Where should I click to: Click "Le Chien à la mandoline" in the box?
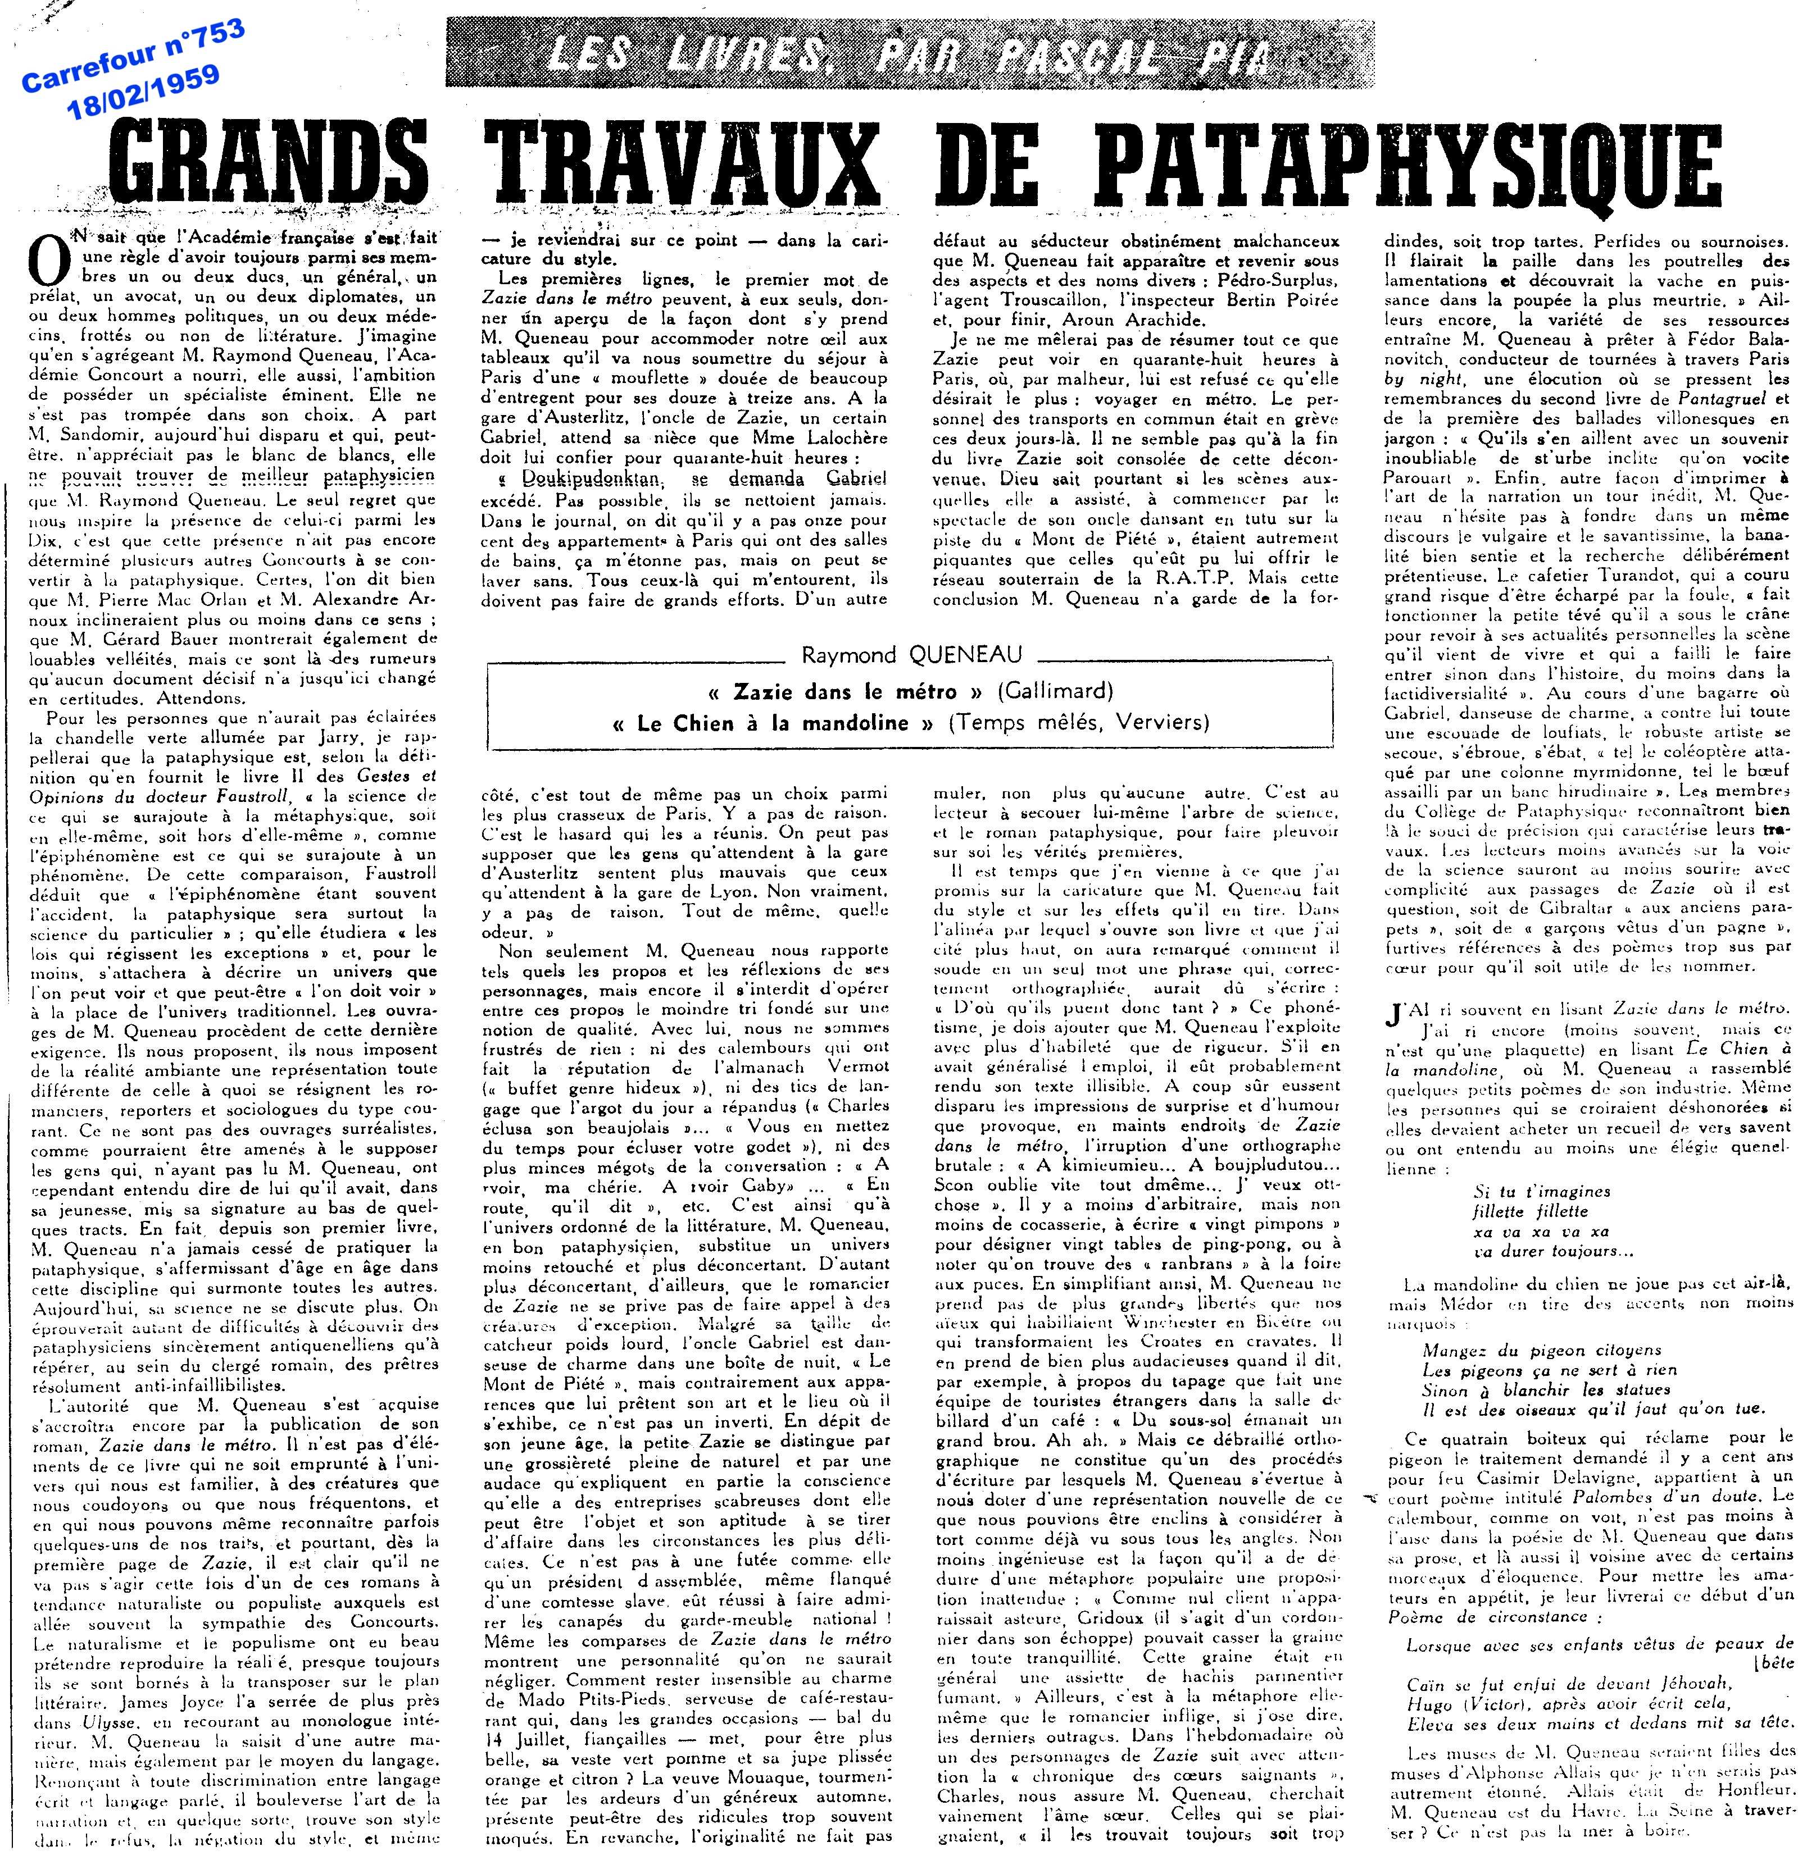773,723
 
